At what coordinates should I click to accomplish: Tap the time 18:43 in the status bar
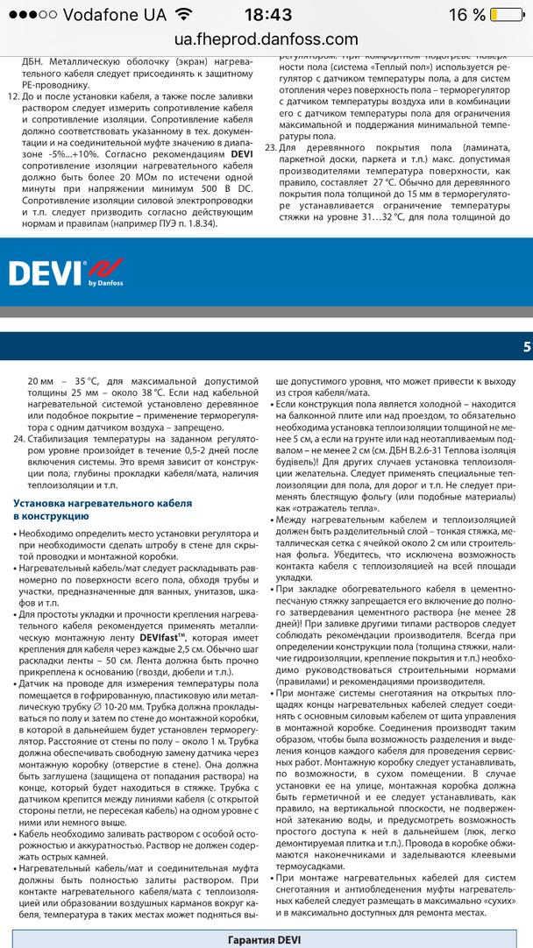266,15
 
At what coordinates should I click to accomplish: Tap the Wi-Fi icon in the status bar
182,15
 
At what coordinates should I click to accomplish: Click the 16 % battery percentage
467,15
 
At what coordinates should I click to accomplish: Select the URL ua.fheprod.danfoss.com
266,39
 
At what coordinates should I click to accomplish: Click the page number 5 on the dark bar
527,347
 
